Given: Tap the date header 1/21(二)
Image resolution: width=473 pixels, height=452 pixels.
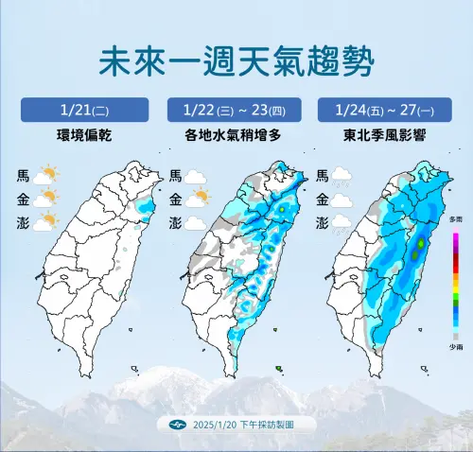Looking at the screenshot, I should (84, 109).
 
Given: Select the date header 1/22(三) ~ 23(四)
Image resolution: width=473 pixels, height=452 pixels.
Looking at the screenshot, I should (236, 109).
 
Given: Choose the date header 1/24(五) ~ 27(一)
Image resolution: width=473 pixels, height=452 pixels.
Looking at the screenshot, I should (387, 109).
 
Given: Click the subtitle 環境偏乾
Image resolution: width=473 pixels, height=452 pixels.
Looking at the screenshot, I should (84, 135).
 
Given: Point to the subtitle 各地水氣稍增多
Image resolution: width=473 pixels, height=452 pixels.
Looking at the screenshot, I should (236, 135).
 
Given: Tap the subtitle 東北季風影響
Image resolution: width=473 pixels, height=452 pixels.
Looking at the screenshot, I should (387, 135).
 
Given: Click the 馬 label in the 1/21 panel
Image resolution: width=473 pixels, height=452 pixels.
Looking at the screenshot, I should (23, 175).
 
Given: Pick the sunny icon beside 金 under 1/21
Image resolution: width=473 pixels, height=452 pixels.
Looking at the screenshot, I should (45, 199).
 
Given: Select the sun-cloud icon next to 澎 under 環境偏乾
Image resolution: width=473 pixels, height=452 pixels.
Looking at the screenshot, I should (45, 222).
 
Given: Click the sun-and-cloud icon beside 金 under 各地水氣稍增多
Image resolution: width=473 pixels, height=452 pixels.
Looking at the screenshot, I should (197, 199).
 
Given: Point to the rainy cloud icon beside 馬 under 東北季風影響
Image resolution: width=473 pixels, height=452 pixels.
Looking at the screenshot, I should (343, 176).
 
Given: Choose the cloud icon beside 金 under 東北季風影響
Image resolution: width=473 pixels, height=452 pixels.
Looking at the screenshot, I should (343, 200).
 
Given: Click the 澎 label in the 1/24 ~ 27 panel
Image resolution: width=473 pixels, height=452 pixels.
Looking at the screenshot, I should (323, 223).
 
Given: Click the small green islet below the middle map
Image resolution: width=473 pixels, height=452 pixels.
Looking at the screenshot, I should (278, 368).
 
